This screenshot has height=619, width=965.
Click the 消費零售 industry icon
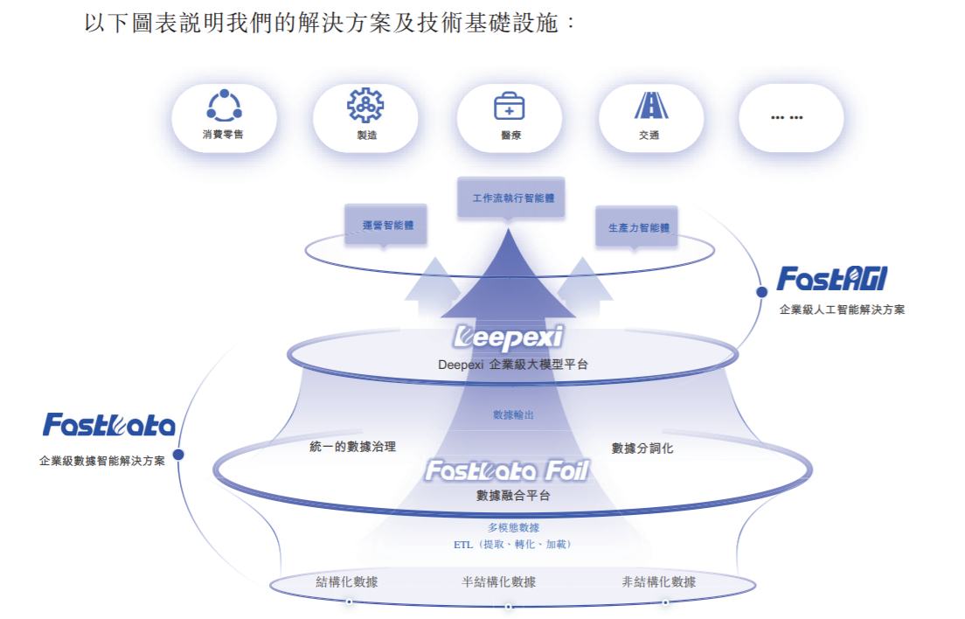tap(224, 106)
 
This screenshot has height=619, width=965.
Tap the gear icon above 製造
tap(366, 106)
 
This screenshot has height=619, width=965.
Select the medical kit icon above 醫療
tap(509, 106)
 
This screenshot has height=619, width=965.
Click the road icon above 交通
tap(649, 106)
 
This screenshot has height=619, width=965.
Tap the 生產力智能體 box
tap(638, 227)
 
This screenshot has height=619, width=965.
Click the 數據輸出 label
tap(513, 414)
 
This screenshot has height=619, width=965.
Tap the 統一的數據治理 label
tap(353, 447)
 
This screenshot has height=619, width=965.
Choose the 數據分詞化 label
tap(642, 449)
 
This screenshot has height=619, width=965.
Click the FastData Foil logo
tap(506, 471)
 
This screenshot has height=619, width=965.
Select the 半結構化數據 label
tap(499, 581)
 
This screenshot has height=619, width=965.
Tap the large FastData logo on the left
tap(109, 426)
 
